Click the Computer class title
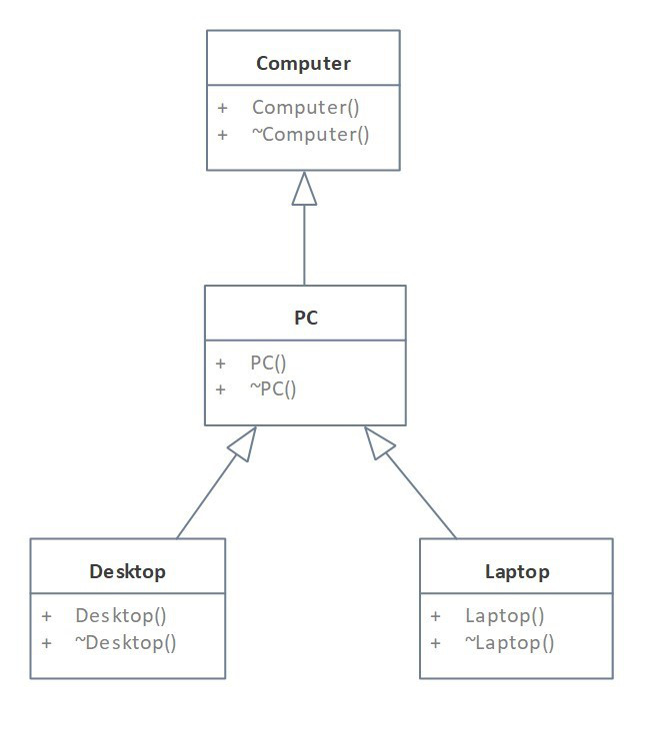pyautogui.click(x=303, y=64)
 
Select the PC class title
pyautogui.click(x=305, y=319)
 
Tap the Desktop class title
pyautogui.click(x=127, y=572)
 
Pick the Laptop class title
pyautogui.click(x=517, y=572)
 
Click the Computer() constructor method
pyautogui.click(x=305, y=107)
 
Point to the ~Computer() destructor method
pyautogui.click(x=310, y=134)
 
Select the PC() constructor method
pyautogui.click(x=268, y=363)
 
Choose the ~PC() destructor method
pyautogui.click(x=273, y=388)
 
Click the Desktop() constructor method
pyautogui.click(x=121, y=616)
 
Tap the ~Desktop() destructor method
pyautogui.click(x=125, y=642)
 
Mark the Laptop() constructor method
pyautogui.click(x=504, y=616)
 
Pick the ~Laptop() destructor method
pyautogui.click(x=509, y=642)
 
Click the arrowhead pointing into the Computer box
pyautogui.click(x=304, y=188)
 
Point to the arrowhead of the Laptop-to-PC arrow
pyautogui.click(x=378, y=443)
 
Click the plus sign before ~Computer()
pyautogui.click(x=222, y=134)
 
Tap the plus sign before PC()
pyautogui.click(x=221, y=363)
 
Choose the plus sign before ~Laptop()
pyautogui.click(x=435, y=642)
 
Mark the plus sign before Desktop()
pyautogui.click(x=47, y=616)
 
